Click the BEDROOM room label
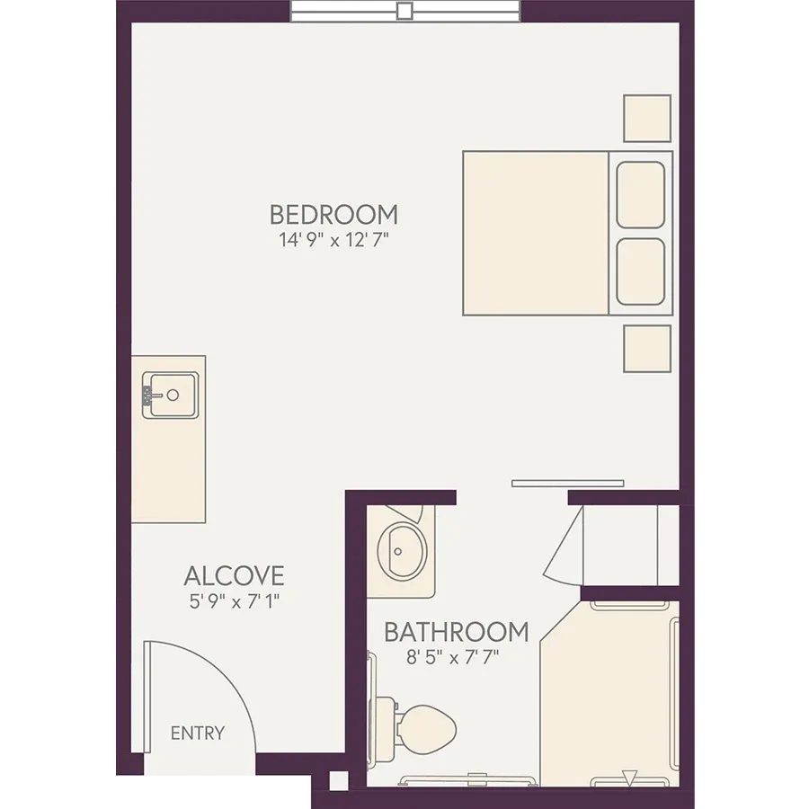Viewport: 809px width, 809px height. [x=333, y=215]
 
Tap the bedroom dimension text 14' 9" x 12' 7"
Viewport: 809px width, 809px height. [x=333, y=240]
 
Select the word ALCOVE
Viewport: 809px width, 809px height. [x=235, y=576]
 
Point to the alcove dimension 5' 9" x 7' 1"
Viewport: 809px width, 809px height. [x=235, y=601]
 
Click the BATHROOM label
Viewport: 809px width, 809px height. [x=457, y=632]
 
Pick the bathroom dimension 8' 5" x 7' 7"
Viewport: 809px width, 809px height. [x=452, y=657]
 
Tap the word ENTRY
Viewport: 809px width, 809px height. [x=198, y=733]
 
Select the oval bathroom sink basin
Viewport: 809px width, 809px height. [x=403, y=552]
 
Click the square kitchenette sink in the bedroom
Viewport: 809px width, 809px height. [x=171, y=396]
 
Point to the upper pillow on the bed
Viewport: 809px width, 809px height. [x=640, y=195]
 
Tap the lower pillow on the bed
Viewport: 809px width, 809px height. [x=640, y=271]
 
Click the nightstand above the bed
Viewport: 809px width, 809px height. [x=647, y=118]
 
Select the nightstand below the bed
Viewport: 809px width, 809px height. [x=647, y=349]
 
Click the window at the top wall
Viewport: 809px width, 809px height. [x=405, y=12]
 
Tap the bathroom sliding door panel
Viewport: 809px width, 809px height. [x=567, y=484]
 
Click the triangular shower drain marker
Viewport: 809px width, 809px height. [x=629, y=778]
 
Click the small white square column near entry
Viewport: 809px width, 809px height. [x=339, y=780]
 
